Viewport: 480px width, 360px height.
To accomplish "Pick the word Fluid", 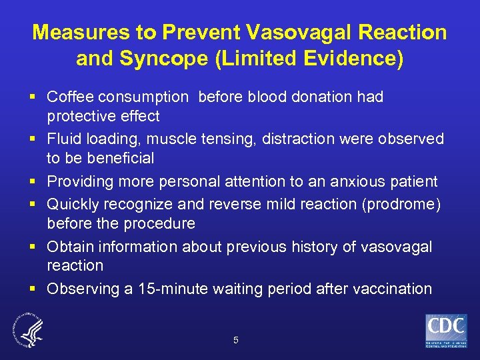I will coord(65,139).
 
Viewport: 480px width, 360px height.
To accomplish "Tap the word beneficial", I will coord(118,158).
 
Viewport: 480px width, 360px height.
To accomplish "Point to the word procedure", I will coord(162,223).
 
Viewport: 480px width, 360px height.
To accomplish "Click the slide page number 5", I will coord(235,340).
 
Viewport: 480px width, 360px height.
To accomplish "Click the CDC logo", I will coord(446,331).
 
